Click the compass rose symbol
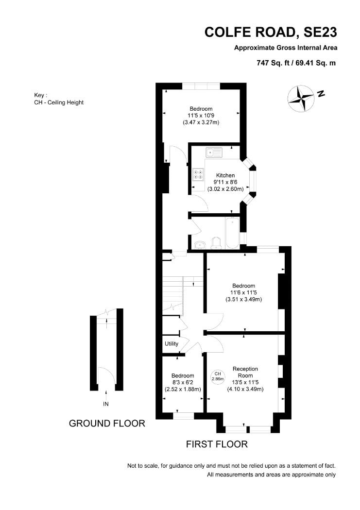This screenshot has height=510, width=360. click(x=301, y=99)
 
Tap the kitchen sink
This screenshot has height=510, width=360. click(x=214, y=152)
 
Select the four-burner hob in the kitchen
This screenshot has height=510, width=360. click(x=198, y=174)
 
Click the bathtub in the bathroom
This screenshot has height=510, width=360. click(x=233, y=233)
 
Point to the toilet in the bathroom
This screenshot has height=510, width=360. click(x=216, y=243)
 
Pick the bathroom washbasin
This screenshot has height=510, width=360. click(x=200, y=245)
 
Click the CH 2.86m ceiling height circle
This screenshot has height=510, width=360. click(x=218, y=376)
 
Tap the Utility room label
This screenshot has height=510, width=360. click(x=171, y=344)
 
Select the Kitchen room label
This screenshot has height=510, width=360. click(x=225, y=175)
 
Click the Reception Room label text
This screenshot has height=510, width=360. click(x=245, y=372)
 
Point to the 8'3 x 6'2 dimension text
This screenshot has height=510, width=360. click(x=183, y=383)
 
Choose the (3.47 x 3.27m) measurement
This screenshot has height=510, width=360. click(x=201, y=122)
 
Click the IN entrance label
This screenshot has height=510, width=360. click(x=106, y=404)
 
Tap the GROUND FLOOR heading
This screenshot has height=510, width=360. click(x=107, y=423)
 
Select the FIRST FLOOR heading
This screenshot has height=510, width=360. click(x=217, y=444)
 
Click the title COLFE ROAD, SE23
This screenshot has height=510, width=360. click(x=271, y=32)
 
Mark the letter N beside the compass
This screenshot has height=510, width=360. click(x=321, y=94)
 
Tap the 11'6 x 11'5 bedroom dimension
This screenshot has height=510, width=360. click(x=243, y=292)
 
